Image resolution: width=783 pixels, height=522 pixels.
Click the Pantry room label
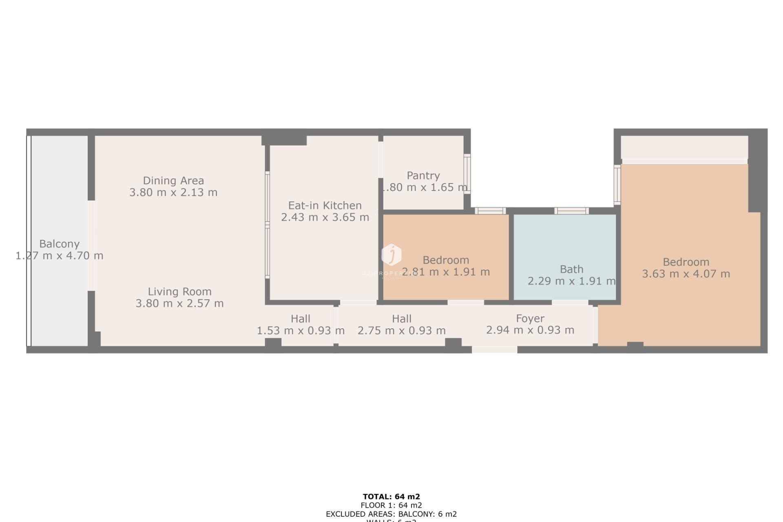[423, 176]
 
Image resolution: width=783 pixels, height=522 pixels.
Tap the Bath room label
[571, 269]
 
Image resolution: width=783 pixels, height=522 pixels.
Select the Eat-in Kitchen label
[325, 205]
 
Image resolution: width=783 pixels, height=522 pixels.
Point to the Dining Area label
[173, 180]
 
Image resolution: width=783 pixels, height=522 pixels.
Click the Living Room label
[179, 292]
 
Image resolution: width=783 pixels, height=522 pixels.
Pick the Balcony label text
[59, 244]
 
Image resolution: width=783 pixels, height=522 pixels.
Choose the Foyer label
[530, 318]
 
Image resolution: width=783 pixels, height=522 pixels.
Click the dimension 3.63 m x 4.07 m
[686, 274]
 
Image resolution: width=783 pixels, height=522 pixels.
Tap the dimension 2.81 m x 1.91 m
[446, 272]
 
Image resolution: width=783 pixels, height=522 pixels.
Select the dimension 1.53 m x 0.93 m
[301, 330]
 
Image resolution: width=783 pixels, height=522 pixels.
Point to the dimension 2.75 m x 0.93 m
[401, 330]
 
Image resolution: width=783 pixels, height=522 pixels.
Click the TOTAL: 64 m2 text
[391, 496]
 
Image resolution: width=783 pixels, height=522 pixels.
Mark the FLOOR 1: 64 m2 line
[391, 505]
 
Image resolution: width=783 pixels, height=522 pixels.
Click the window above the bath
[571, 211]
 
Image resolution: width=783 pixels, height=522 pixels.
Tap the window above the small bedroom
[490, 211]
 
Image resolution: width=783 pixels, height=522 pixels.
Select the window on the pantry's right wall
[467, 174]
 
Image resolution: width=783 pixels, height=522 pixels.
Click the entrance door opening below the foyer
[494, 349]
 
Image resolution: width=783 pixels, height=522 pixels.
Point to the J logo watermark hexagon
[391, 255]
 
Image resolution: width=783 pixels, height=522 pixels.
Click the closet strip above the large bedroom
[684, 148]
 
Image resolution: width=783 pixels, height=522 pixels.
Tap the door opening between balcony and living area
[91, 246]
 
